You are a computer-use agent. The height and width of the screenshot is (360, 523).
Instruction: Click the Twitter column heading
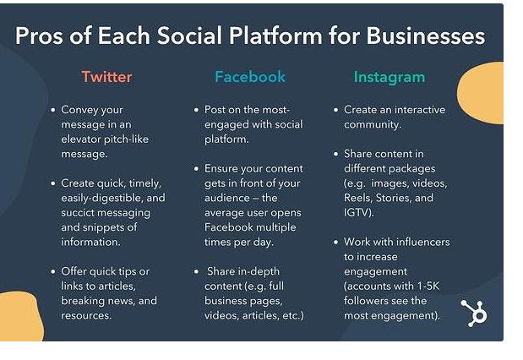(x=106, y=77)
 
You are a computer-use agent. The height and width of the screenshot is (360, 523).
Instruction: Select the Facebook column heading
(x=250, y=77)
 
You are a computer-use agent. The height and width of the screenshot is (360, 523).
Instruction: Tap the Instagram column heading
(x=390, y=78)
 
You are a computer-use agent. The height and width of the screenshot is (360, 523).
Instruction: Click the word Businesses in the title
(x=426, y=35)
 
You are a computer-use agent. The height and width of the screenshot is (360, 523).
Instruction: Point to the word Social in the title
(x=189, y=35)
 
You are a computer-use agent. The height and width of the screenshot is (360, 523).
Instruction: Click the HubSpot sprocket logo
(x=474, y=313)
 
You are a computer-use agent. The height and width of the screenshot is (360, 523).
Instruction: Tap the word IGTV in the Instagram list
(x=356, y=212)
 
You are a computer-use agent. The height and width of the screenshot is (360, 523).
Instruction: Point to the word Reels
(x=358, y=198)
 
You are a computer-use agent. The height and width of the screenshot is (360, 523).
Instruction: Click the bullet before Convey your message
(x=52, y=110)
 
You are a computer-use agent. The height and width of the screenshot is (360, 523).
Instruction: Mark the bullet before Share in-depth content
(x=196, y=271)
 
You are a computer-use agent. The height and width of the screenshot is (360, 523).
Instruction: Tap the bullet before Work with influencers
(x=336, y=242)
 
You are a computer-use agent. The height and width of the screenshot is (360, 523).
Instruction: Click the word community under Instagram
(x=372, y=124)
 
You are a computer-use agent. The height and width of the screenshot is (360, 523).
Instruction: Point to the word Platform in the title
(x=275, y=35)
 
